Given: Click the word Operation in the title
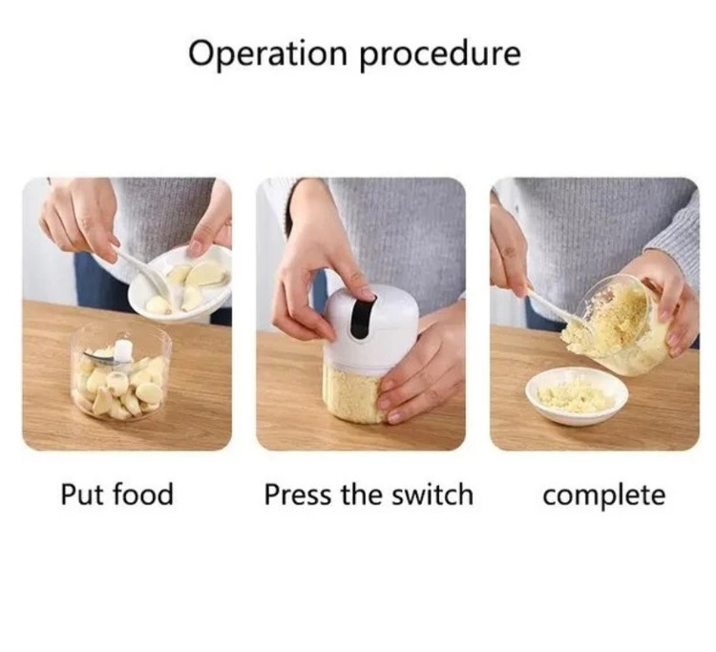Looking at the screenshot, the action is (268, 53).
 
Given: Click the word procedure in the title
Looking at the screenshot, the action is (440, 54).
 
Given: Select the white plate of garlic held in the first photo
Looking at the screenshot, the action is (180, 284).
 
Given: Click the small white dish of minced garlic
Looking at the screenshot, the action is (577, 396).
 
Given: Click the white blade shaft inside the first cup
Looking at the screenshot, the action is (122, 350).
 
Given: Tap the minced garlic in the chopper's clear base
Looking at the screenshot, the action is (354, 395).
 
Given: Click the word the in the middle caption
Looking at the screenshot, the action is (362, 494).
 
